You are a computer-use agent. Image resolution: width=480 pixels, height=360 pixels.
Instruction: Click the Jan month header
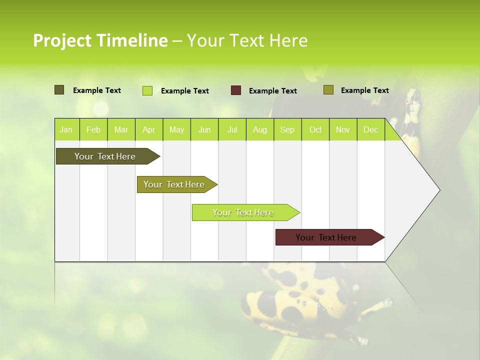coord(66,129)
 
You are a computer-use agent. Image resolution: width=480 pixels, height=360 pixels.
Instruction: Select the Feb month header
coord(93,129)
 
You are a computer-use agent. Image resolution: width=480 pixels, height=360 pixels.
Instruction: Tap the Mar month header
coord(121,129)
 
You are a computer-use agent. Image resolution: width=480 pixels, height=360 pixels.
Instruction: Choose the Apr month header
coord(149,129)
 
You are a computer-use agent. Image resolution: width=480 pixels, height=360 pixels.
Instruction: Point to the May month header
coord(176,129)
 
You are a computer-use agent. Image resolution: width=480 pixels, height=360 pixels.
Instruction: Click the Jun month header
coord(204,129)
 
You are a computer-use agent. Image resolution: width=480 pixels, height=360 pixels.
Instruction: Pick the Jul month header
coord(232,129)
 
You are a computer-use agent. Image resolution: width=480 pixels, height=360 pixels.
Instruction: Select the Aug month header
coord(260,129)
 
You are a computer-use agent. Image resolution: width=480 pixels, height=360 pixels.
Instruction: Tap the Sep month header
coord(287,129)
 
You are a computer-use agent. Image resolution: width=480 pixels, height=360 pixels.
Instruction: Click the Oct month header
coord(315,129)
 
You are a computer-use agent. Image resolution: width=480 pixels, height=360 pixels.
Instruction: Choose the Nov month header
coord(343,129)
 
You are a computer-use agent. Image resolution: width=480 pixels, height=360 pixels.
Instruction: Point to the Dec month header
coord(371,129)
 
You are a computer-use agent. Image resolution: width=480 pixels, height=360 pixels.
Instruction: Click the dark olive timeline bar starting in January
coord(105,156)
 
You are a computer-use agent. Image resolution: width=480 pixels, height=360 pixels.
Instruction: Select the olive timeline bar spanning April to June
coord(174,184)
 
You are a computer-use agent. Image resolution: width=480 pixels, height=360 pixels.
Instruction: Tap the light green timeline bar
coord(243,212)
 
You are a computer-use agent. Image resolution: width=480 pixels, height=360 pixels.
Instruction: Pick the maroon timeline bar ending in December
coord(326,237)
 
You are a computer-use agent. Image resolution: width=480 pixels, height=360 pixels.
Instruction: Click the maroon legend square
coord(236,90)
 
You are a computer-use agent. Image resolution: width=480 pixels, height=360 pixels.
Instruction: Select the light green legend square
coord(147,90)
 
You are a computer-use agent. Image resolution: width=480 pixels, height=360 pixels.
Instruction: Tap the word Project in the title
coord(62,40)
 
